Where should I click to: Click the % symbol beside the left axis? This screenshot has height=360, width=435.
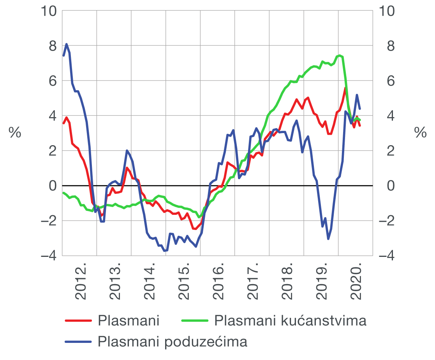15,133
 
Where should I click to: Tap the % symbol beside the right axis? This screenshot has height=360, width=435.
420,133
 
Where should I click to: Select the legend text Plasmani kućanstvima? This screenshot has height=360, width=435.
291,321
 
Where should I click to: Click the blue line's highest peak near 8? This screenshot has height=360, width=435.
67,44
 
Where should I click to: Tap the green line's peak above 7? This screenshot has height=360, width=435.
340,55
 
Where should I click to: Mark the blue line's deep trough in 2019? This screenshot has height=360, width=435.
328,239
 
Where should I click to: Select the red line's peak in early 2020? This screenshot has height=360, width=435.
345,88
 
